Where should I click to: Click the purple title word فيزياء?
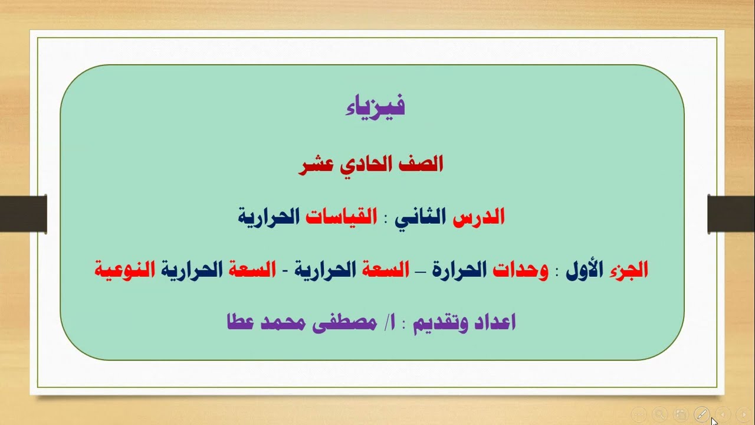click(x=375, y=107)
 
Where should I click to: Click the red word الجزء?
click(x=628, y=270)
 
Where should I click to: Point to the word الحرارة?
click(x=459, y=270)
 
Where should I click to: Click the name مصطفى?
click(x=344, y=323)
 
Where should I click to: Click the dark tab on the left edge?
click(x=24, y=213)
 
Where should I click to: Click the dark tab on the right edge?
click(x=731, y=213)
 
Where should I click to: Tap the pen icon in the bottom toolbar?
click(x=701, y=414)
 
